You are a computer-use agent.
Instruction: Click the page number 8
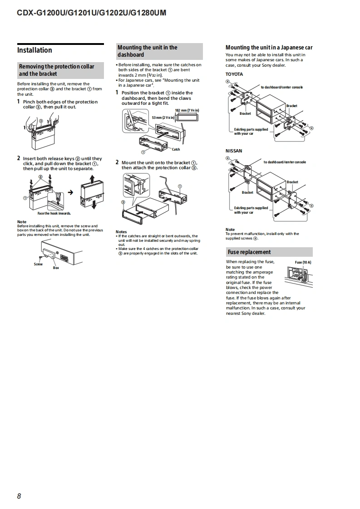coord(19,496)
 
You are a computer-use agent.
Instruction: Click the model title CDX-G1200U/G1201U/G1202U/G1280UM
coord(91,13)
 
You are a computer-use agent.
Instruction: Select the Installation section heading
coord(35,50)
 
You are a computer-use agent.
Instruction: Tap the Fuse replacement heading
coord(249,252)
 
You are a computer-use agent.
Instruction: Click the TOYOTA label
coord(234,74)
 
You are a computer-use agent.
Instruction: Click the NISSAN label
coord(234,151)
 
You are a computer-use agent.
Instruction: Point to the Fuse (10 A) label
coord(303,263)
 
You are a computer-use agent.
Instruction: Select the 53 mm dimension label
coord(163,118)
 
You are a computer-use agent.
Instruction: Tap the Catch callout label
coord(176,149)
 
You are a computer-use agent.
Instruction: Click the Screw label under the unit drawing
coord(38,264)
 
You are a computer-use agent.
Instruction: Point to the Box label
coord(56,268)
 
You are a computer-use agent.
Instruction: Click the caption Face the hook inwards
coord(54,213)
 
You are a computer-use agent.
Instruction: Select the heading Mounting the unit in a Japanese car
coord(269,47)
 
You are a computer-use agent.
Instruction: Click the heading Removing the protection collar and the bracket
coord(57,70)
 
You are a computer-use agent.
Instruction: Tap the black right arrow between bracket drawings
coord(70,192)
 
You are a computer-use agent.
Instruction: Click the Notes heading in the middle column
coord(121,232)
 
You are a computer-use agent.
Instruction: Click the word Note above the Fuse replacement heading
coord(230,230)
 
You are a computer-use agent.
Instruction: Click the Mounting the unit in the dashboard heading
coord(148,51)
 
